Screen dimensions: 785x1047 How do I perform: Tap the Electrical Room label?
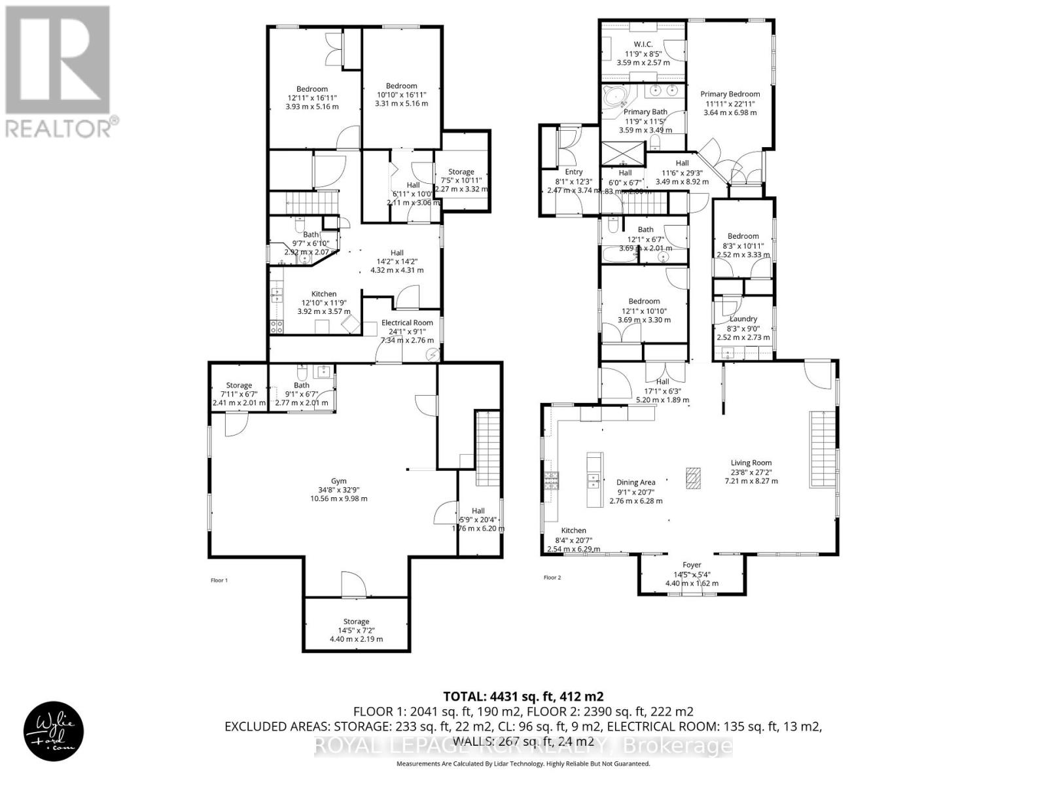click(x=407, y=323)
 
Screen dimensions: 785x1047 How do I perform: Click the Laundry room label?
click(x=743, y=319)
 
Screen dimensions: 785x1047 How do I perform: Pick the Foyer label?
click(x=692, y=565)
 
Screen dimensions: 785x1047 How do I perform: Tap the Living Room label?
click(x=751, y=462)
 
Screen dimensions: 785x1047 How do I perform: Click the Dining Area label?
click(x=635, y=482)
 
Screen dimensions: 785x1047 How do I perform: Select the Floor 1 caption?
click(x=219, y=580)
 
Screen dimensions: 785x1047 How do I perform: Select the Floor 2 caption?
click(x=552, y=578)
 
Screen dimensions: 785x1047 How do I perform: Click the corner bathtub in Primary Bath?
click(x=616, y=97)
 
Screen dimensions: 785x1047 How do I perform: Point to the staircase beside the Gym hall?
click(x=486, y=449)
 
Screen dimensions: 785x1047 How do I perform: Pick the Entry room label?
click(x=573, y=172)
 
